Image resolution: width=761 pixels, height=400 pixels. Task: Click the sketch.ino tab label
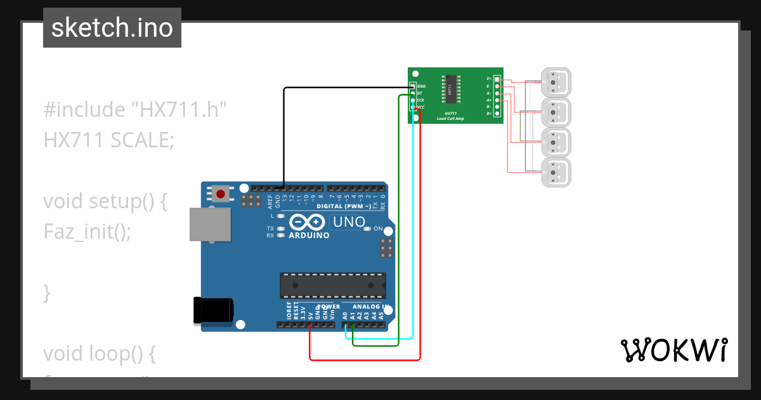pyautogui.click(x=112, y=28)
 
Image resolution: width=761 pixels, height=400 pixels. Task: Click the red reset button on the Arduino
pyautogui.click(x=221, y=193)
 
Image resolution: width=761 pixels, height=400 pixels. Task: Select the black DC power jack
pyautogui.click(x=212, y=310)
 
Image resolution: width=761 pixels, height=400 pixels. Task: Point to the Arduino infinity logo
pyautogui.click(x=308, y=223)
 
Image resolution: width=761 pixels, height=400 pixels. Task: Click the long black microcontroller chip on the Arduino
pyautogui.click(x=333, y=285)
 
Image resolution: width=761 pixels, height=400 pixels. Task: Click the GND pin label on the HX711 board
pyautogui.click(x=422, y=86)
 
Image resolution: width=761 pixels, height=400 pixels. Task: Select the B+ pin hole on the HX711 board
pyautogui.click(x=497, y=114)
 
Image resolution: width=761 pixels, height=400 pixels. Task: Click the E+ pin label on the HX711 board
pyautogui.click(x=489, y=79)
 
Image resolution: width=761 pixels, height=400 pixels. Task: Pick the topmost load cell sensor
pyautogui.click(x=556, y=83)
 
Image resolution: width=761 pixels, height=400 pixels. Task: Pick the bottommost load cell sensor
pyautogui.click(x=556, y=172)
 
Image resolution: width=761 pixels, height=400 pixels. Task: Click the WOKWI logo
pyautogui.click(x=673, y=350)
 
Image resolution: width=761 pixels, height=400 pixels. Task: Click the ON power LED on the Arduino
pyautogui.click(x=368, y=229)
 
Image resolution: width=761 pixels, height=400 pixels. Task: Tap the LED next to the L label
pyautogui.click(x=281, y=217)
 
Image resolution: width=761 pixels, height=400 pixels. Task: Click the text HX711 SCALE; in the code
pyautogui.click(x=108, y=140)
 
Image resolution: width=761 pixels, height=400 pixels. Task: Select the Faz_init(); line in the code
pyautogui.click(x=87, y=232)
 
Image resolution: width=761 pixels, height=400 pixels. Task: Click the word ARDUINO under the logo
pyautogui.click(x=309, y=236)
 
